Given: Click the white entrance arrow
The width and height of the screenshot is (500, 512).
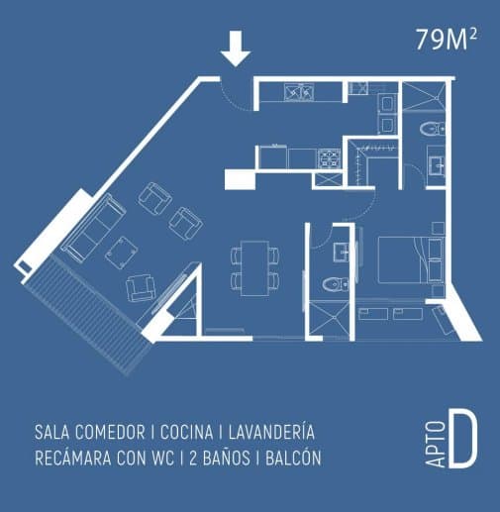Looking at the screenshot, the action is (x=236, y=49).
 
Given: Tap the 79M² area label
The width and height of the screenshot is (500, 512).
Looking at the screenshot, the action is (x=446, y=40).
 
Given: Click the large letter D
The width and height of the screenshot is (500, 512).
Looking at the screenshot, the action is (x=463, y=440).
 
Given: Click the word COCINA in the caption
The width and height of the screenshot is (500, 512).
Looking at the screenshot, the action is (x=186, y=432).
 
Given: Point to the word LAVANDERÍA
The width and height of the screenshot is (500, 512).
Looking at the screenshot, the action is (x=271, y=432).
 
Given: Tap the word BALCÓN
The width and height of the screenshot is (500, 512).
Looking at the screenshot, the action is (x=293, y=458).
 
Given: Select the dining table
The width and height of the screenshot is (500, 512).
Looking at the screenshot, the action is (x=254, y=268).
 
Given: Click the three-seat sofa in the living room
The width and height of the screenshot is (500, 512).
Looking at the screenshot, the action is (x=94, y=228).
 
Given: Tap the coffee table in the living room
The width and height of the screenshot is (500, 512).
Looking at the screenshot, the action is (x=122, y=253).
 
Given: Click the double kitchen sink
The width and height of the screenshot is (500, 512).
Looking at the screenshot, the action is (x=299, y=92).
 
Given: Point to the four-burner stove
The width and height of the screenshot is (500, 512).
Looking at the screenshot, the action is (x=329, y=158).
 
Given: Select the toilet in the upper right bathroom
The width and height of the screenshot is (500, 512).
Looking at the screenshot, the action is (x=433, y=129).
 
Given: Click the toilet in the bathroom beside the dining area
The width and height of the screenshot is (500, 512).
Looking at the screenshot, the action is (x=336, y=284).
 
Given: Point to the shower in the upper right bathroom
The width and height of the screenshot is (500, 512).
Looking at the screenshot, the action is (x=424, y=96).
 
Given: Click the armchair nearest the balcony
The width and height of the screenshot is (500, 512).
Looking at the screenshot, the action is (x=141, y=287).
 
